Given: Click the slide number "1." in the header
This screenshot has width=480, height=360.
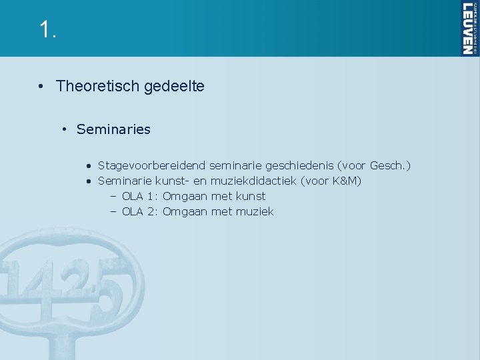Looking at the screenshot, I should [x=46, y=29].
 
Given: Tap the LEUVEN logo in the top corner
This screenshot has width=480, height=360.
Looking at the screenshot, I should [x=469, y=28].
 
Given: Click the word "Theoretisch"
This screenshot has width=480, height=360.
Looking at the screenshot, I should [x=95, y=86].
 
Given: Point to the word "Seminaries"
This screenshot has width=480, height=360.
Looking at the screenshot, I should [x=113, y=129].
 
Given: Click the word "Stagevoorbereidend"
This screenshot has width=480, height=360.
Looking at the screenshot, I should [x=151, y=164].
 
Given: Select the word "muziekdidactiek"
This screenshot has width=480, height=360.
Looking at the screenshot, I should [x=253, y=180].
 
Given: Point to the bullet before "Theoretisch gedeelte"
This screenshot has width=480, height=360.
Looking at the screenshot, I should [x=41, y=86].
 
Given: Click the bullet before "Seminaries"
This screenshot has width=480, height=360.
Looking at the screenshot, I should [x=66, y=129].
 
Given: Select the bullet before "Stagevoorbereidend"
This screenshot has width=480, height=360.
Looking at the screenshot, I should [x=88, y=165].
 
